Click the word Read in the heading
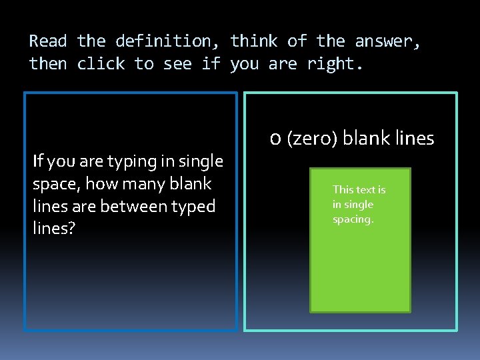pyautogui.click(x=48, y=41)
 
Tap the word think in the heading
pyautogui.click(x=253, y=41)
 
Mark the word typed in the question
pyautogui.click(x=193, y=207)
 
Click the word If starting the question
pyautogui.click(x=37, y=161)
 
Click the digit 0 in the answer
pyautogui.click(x=275, y=139)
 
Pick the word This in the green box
pyautogui.click(x=343, y=190)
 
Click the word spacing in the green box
pyautogui.click(x=353, y=219)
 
